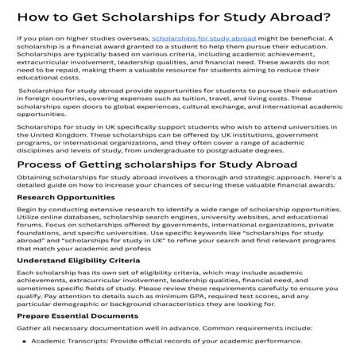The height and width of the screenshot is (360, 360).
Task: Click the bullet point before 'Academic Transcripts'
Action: [x=24, y=342]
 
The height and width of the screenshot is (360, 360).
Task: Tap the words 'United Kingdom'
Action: [x=61, y=136]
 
